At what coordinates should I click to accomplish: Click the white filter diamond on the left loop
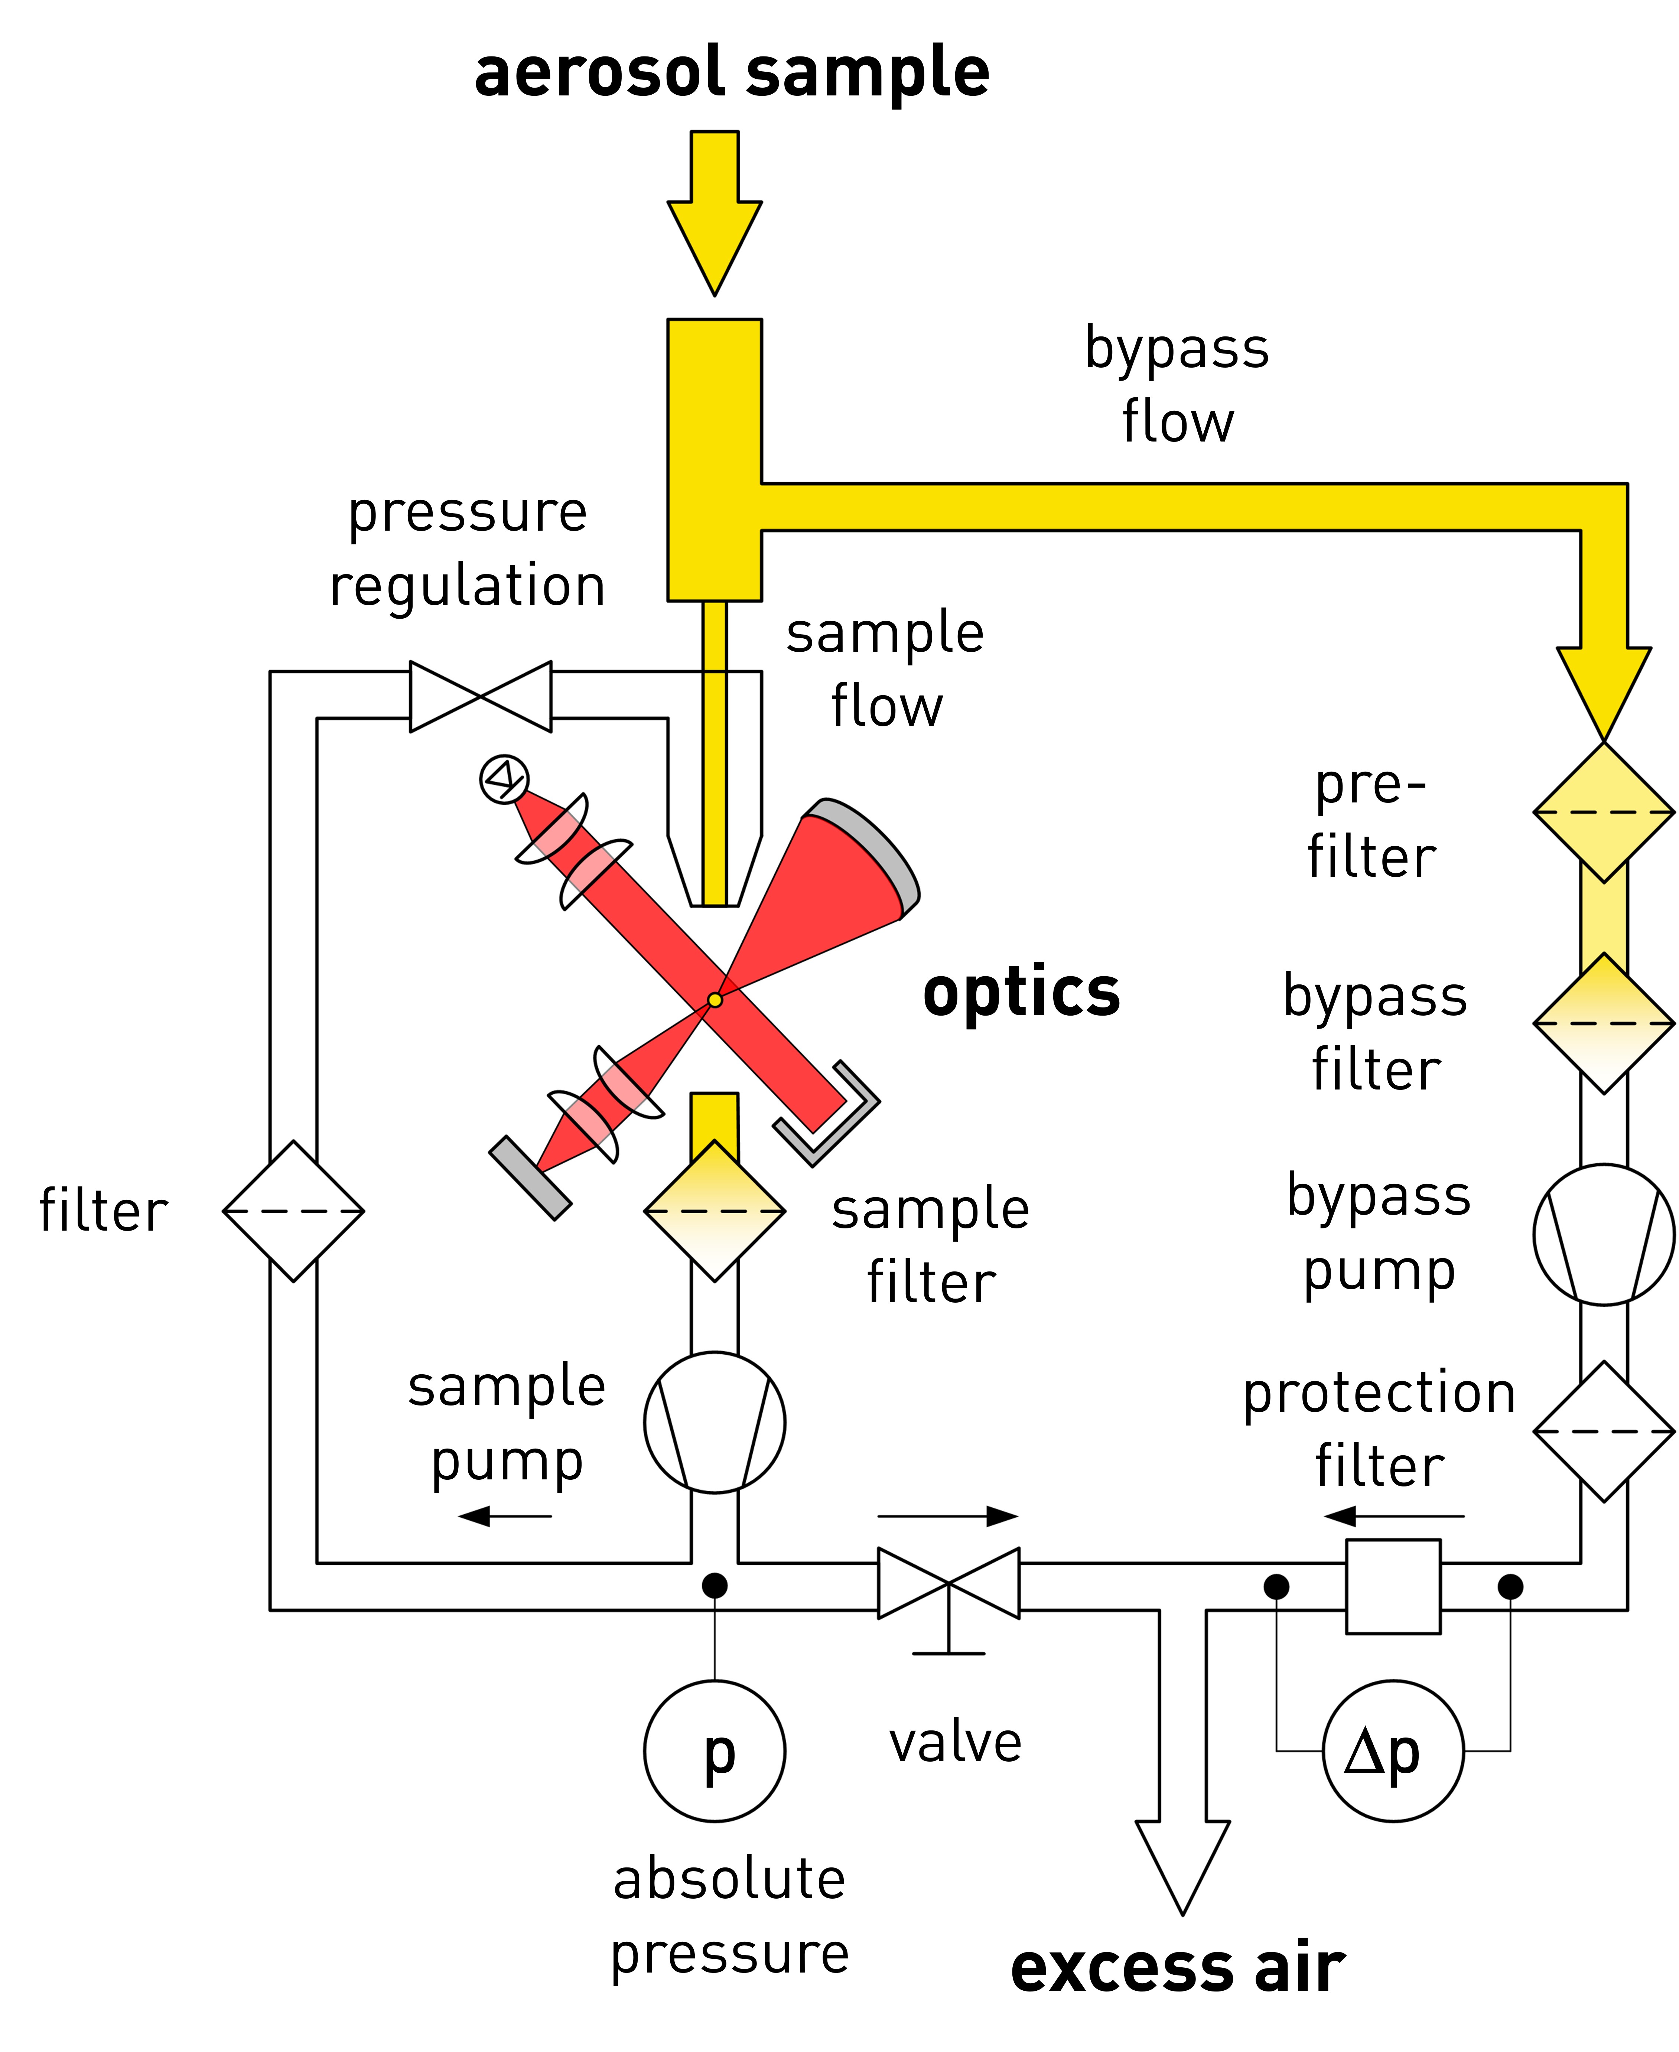293,1211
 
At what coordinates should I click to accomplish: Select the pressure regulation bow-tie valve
481,696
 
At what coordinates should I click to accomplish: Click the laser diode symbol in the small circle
504,778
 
